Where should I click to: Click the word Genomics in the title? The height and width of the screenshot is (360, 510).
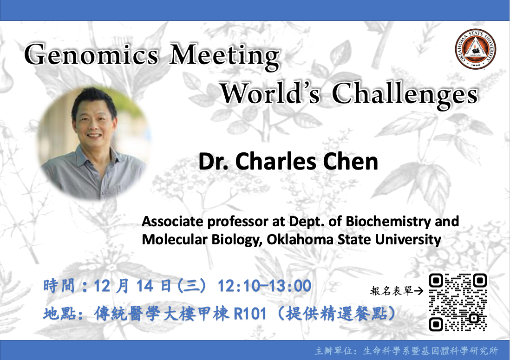coord(92,54)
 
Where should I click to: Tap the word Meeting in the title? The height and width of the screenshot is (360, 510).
coord(224,56)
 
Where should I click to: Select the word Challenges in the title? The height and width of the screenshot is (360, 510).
coord(405,95)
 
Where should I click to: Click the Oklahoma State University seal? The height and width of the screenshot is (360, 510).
coord(475,49)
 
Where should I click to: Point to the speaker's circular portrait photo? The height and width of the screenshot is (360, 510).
coord(95,143)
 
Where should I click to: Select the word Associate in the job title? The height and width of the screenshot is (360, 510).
coord(173,222)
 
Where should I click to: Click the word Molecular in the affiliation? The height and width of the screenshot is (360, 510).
coord(175,240)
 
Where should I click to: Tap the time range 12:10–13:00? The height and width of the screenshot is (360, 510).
coord(264,286)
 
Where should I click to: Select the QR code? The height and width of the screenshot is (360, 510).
coord(458,302)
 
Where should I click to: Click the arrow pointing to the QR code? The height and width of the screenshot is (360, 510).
coord(418,291)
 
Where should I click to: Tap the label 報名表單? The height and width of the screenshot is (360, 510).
coord(392,291)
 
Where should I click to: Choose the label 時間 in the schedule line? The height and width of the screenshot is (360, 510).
coord(59,286)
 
